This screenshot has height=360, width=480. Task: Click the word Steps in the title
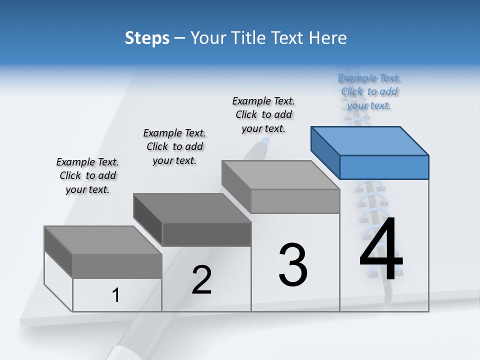[x=147, y=38]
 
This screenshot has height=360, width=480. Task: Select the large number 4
[x=381, y=250]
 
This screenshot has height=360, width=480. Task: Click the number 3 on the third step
[x=293, y=265]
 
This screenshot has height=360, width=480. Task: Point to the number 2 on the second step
[x=201, y=280]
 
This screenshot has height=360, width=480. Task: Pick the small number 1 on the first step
[x=116, y=295]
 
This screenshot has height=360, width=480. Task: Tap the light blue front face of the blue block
[x=384, y=167]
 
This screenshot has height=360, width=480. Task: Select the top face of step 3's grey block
[x=280, y=175]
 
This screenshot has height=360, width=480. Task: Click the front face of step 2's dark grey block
[x=206, y=234]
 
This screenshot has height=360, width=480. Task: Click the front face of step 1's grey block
[x=117, y=265]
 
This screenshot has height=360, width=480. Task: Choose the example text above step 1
[x=87, y=175]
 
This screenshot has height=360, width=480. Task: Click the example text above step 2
[x=174, y=146]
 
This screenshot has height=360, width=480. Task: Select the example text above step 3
[x=263, y=114]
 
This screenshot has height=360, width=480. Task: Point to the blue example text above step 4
[x=369, y=91]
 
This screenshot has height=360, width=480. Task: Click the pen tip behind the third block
[x=265, y=142]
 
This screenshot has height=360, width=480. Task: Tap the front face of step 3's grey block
[x=295, y=201]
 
